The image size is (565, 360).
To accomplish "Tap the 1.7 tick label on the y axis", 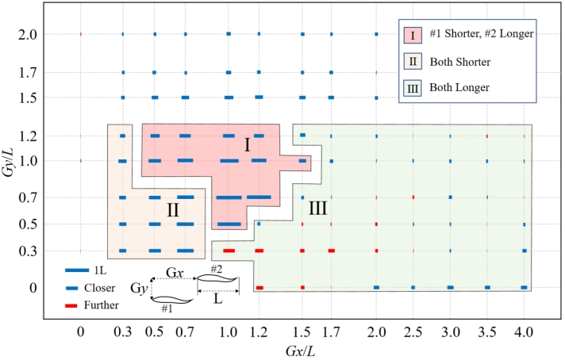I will [x=26, y=72].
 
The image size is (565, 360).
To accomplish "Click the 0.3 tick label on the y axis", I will [x=26, y=252].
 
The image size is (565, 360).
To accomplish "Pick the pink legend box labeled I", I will [x=413, y=34].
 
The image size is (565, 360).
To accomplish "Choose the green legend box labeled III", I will [x=413, y=85].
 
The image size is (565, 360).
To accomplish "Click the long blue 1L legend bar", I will [x=77, y=270].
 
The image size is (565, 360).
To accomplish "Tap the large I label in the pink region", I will [x=247, y=145].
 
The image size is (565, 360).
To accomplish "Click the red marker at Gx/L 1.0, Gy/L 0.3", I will [x=229, y=251].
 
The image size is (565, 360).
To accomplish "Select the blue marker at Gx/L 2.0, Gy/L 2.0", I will [x=377, y=34].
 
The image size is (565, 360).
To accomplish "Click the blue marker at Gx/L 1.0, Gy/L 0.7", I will [x=229, y=197].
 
